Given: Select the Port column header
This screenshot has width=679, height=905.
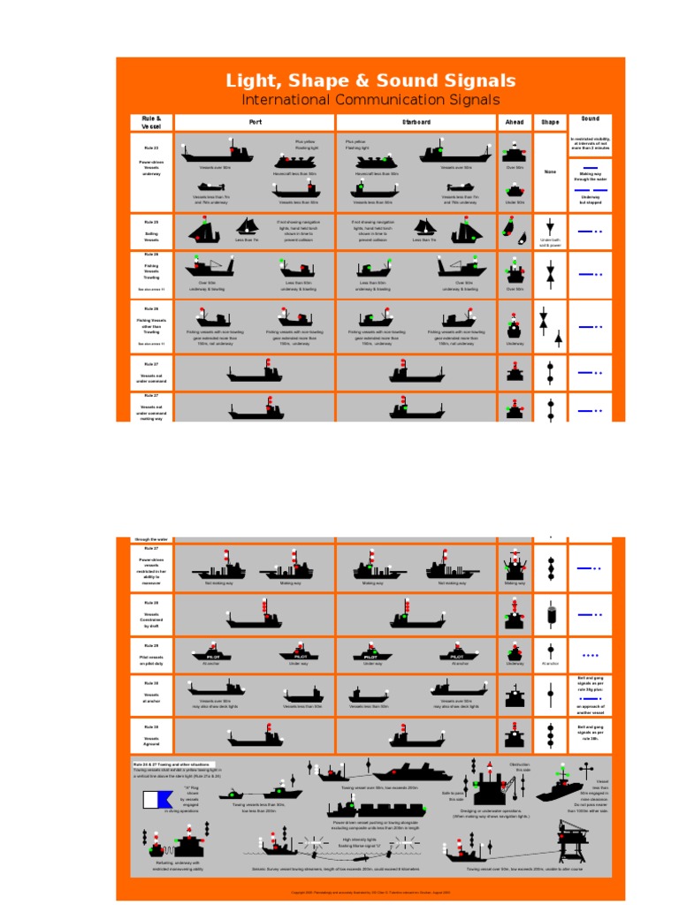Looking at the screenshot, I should click(x=255, y=122).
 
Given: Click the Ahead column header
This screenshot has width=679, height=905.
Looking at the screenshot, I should click(x=515, y=122).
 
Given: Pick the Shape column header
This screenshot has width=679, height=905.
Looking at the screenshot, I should click(x=550, y=122).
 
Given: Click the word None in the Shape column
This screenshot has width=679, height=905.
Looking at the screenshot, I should click(x=550, y=171).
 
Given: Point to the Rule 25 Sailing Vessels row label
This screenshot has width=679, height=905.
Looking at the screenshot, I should click(x=151, y=232).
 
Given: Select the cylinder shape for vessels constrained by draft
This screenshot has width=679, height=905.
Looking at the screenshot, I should click(x=550, y=612).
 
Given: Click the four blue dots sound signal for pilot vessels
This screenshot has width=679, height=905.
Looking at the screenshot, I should click(x=590, y=656).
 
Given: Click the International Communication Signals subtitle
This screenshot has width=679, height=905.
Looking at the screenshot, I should click(x=370, y=101).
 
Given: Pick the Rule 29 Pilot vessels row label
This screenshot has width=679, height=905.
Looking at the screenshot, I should click(x=151, y=655).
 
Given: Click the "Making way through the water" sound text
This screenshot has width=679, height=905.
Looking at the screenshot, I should click(x=590, y=177).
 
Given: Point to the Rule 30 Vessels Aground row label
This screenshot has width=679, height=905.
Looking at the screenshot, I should click(x=151, y=733).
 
